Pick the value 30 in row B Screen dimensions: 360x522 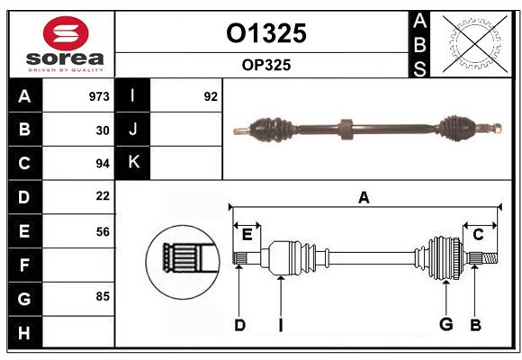tap(103, 130)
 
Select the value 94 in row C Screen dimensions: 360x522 tap(103, 164)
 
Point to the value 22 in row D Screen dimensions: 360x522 tap(103, 196)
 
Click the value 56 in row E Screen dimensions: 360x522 tap(103, 230)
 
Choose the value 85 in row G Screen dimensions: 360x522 tap(103, 296)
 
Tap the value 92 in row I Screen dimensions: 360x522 tap(211, 96)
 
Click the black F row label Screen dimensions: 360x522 tap(24, 265)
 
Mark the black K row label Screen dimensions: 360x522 tap(133, 163)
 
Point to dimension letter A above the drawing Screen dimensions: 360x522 tap(364, 198)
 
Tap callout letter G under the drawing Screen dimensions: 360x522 tap(445, 324)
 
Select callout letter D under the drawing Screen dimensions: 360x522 tap(239, 324)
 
